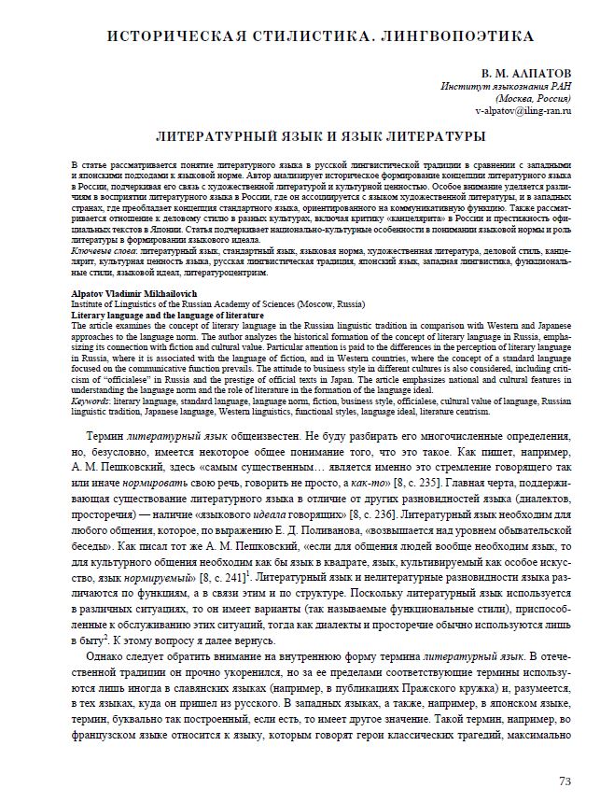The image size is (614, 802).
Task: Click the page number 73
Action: pos(564,781)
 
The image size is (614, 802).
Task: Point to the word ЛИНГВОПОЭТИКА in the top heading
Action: pos(449,37)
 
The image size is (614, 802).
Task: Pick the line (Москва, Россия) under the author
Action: pos(534,97)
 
